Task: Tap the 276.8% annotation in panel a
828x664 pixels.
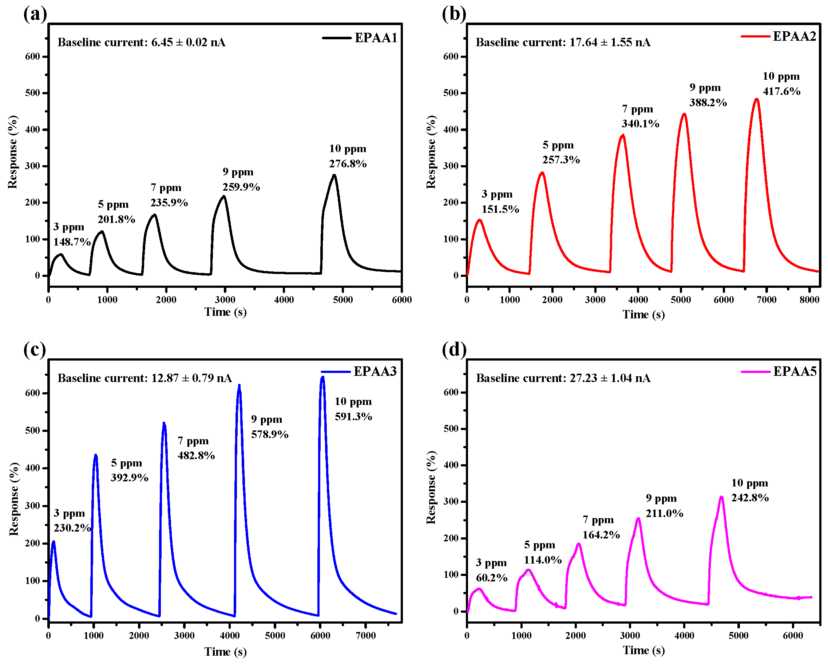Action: point(348,164)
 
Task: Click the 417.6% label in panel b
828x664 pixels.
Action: point(781,91)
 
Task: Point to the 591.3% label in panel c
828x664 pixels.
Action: point(353,417)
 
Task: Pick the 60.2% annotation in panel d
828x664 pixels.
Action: point(492,578)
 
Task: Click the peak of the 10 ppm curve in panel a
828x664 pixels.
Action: point(334,175)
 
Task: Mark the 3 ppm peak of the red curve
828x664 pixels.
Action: point(480,220)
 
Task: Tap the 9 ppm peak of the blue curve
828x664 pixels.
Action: point(239,386)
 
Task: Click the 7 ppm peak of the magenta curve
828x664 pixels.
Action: point(578,544)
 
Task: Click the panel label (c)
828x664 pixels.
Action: point(35,349)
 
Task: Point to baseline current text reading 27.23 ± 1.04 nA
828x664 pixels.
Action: point(563,378)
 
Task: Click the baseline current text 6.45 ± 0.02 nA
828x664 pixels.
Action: point(141,42)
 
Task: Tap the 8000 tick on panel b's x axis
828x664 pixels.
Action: point(809,300)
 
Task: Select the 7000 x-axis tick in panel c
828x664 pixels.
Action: point(366,636)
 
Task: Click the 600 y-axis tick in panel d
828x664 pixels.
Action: point(454,392)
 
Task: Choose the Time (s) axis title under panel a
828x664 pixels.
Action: point(225,312)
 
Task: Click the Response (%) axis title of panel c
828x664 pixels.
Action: point(14,499)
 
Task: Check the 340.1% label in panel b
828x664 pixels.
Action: point(640,124)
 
